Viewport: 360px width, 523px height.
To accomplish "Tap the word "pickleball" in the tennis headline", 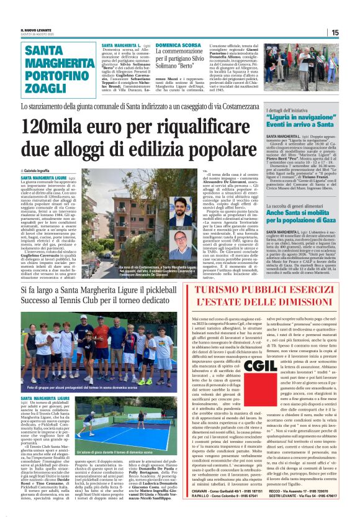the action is pyautogui.click(x=179, y=289).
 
